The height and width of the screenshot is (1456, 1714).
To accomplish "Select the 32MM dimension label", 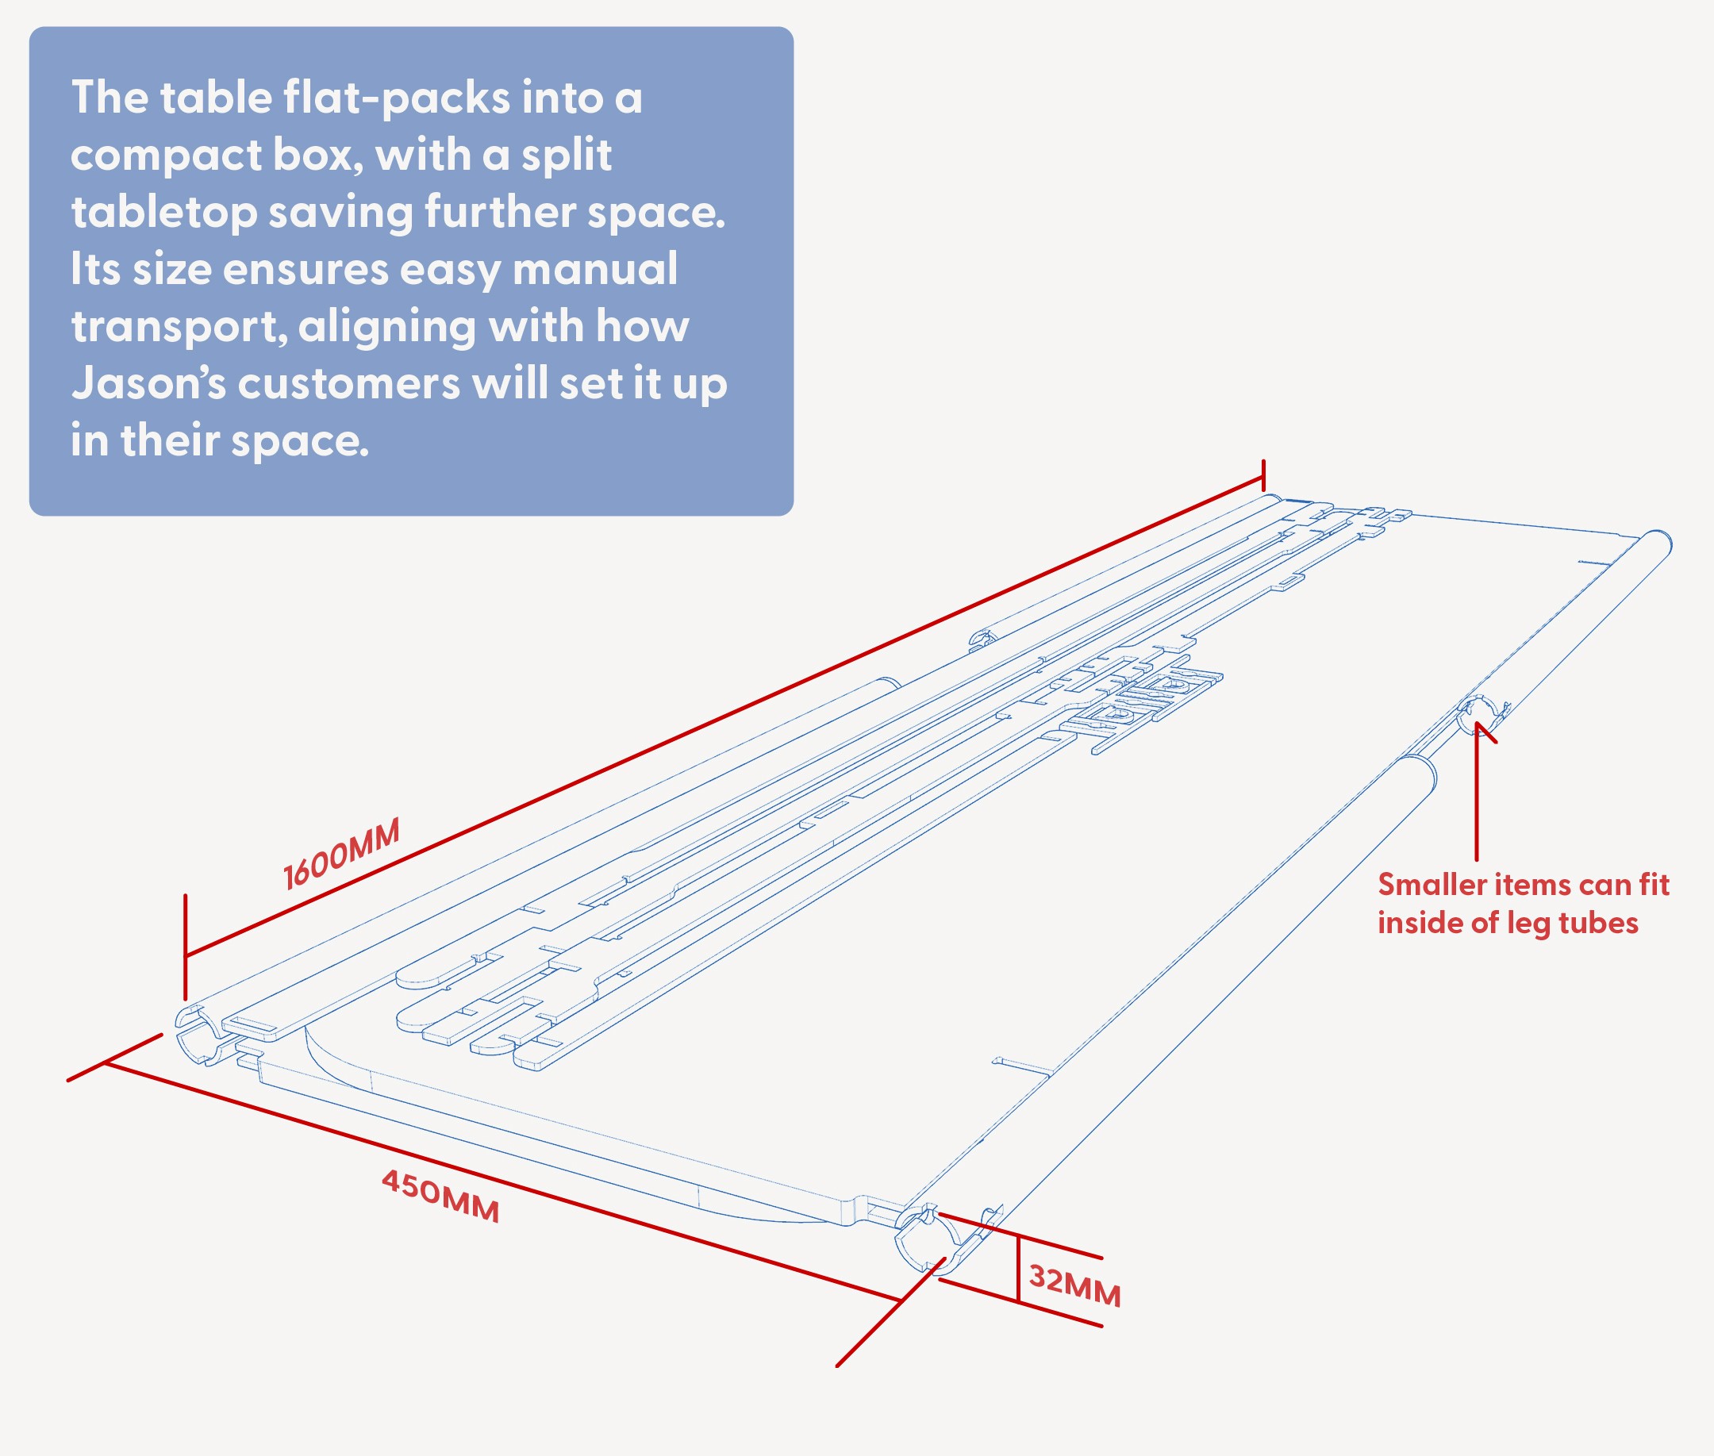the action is click(1074, 1285).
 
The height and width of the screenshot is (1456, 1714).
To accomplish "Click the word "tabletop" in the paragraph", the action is click(164, 212).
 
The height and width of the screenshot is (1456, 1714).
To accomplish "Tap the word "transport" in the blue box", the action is click(178, 327).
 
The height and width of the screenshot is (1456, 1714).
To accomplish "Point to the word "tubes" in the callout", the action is click(1597, 923).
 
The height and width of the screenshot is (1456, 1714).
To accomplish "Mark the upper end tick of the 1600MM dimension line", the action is click(1263, 475).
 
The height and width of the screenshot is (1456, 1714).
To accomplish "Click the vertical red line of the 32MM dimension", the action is click(1018, 1270).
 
